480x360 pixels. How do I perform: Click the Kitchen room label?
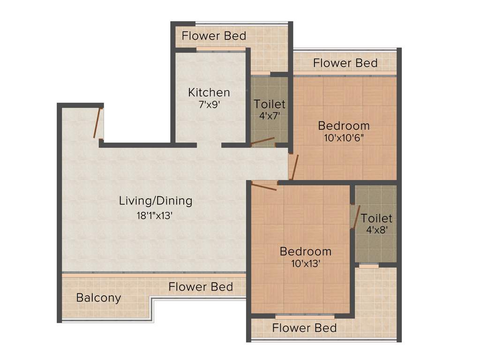pos(209,92)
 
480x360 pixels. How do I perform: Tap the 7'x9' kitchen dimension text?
pos(209,105)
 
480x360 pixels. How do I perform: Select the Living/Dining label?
pos(156,201)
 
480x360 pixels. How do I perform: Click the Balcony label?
pos(98,298)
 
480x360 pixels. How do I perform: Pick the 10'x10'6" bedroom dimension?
pos(344,138)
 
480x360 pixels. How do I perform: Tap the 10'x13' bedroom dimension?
pos(305,263)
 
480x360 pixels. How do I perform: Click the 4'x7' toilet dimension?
pos(270,116)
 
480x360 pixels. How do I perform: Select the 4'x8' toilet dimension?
pos(376,230)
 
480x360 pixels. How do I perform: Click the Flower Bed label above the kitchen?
pos(214,36)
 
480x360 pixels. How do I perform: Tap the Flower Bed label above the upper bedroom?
pos(345,63)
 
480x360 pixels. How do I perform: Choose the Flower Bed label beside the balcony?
pos(201,286)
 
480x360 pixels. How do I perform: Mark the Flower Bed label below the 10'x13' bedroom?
pos(304,328)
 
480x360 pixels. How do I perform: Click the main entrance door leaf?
pos(97,123)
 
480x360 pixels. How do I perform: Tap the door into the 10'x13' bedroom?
pos(263,187)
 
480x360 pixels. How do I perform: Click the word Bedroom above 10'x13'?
pos(305,251)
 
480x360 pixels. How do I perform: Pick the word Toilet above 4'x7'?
pos(270,104)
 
